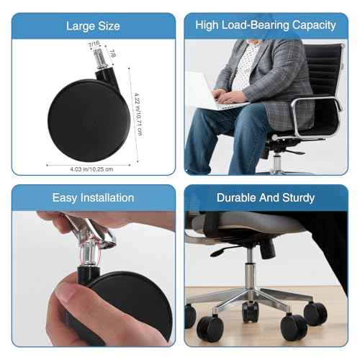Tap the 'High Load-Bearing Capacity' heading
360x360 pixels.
[266, 25]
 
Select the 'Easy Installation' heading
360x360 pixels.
[92, 197]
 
